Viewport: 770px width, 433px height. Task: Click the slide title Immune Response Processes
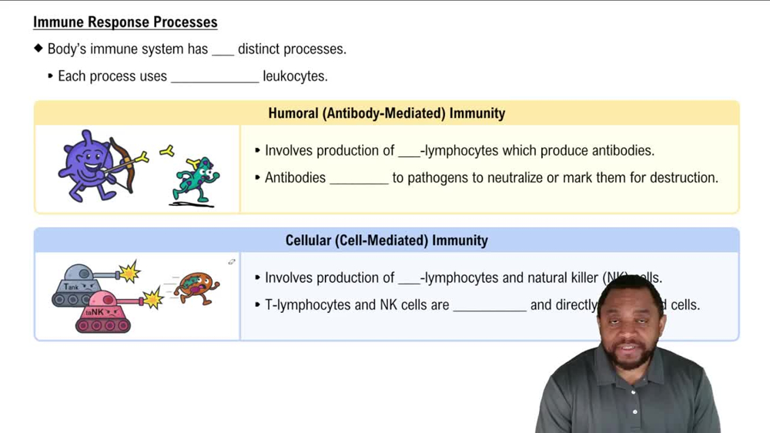[125, 22]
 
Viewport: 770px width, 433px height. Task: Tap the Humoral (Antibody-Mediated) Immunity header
[387, 113]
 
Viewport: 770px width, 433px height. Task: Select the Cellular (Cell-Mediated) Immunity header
[387, 240]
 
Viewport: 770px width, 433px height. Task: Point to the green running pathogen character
[196, 180]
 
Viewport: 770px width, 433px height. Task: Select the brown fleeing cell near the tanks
[196, 288]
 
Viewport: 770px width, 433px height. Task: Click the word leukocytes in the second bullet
[295, 76]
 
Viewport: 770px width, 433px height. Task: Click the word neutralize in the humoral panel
[514, 178]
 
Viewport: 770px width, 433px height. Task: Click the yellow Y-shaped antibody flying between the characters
[166, 152]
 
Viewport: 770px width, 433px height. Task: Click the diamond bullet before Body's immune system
[38, 49]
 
